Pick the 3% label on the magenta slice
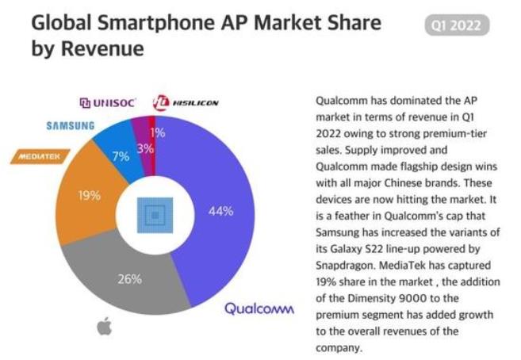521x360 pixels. click(x=144, y=147)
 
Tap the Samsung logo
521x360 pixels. click(x=70, y=125)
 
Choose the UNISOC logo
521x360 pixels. click(x=109, y=102)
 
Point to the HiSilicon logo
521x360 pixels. click(x=186, y=102)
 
